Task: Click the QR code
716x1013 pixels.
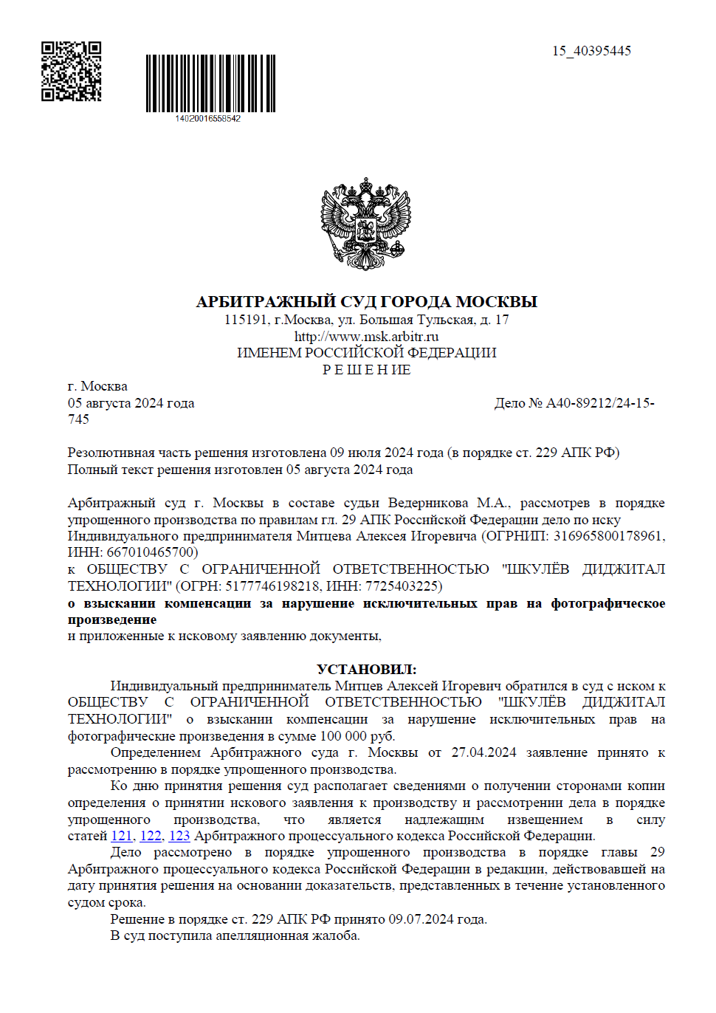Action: (71, 71)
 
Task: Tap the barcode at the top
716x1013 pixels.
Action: (210, 83)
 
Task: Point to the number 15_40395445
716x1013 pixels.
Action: (591, 51)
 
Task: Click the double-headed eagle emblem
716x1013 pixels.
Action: (366, 223)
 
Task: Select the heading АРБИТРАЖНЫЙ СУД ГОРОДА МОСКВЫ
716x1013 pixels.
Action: (366, 302)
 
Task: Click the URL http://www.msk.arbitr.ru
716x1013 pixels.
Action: (366, 337)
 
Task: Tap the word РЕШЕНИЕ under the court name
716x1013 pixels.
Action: (366, 370)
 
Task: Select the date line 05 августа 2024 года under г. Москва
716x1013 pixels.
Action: (131, 403)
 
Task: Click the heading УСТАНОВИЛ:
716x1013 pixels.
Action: (366, 670)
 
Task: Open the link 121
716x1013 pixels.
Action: (121, 836)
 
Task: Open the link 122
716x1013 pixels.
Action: (151, 836)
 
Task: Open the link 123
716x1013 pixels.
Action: (179, 836)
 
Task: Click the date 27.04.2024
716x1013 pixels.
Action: (483, 752)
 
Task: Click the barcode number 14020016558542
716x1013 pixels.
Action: (207, 119)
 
